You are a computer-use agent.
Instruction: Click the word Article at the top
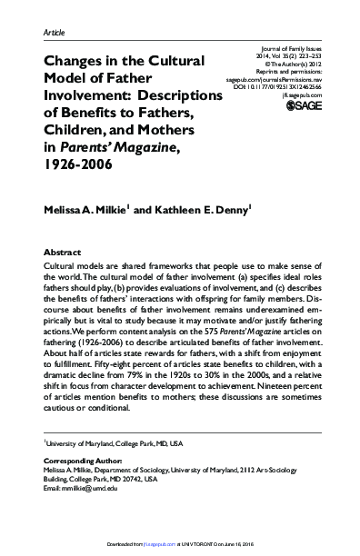[x=55, y=33]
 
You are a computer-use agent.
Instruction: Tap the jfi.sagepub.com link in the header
[x=298, y=94]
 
